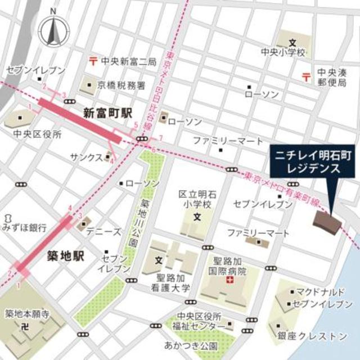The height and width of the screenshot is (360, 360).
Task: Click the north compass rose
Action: point(52,29)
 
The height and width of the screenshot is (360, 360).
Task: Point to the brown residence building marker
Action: point(327,222)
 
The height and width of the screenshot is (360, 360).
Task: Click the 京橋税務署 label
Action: point(121,85)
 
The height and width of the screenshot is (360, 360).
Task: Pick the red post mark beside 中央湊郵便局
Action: point(307,75)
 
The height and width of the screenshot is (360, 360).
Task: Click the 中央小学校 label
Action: point(283,52)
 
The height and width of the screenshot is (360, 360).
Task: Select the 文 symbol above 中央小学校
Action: point(292,42)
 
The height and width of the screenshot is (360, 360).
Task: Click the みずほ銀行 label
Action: point(24,228)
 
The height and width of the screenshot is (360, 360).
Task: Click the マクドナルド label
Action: point(322,292)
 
